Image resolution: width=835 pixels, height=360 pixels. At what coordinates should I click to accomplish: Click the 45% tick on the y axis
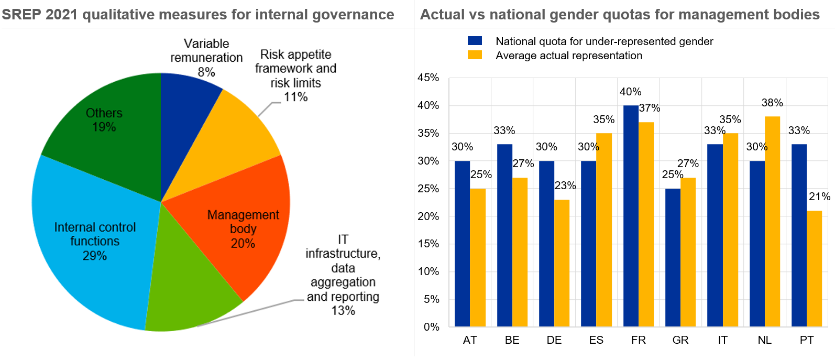pyautogui.click(x=428, y=78)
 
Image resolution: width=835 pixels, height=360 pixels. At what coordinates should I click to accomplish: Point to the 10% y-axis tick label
pyautogui.click(x=428, y=271)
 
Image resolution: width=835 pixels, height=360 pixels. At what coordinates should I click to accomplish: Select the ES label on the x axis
pyautogui.click(x=596, y=340)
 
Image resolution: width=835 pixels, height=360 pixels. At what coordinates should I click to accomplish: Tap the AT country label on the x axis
pyautogui.click(x=470, y=340)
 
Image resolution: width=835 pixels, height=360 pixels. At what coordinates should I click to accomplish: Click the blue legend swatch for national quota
pyautogui.click(x=475, y=41)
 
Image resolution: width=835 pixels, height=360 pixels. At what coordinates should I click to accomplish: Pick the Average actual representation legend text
pyautogui.click(x=569, y=56)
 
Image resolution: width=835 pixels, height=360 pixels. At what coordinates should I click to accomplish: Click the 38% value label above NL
pyautogui.click(x=772, y=103)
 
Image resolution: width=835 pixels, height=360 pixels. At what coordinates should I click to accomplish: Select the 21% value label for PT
pyautogui.click(x=819, y=197)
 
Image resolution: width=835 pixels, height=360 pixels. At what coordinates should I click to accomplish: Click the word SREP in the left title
pyautogui.click(x=21, y=15)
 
